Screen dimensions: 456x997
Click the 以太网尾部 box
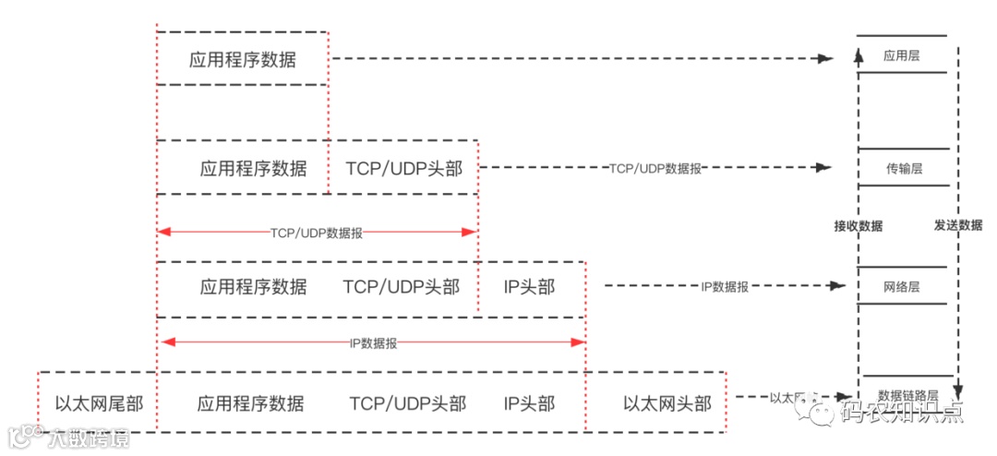pyautogui.click(x=98, y=403)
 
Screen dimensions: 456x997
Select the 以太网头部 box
pyautogui.click(x=667, y=403)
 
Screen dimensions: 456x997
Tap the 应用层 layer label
pyautogui.click(x=902, y=55)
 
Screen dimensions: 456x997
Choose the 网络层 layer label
pyautogui.click(x=902, y=286)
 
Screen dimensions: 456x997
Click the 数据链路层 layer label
pyautogui.click(x=908, y=394)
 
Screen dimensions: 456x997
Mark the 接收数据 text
pyautogui.click(x=858, y=225)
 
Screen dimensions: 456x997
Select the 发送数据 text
pyautogui.click(x=958, y=225)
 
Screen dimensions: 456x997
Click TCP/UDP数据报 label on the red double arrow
pyautogui.click(x=317, y=233)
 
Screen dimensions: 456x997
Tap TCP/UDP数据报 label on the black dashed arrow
pyautogui.click(x=655, y=168)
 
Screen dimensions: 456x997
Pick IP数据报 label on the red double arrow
pyautogui.click(x=373, y=342)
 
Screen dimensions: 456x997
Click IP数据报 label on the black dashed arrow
pyautogui.click(x=724, y=286)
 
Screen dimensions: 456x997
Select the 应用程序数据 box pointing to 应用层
pyautogui.click(x=243, y=60)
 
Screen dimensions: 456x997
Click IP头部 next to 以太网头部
pyautogui.click(x=529, y=403)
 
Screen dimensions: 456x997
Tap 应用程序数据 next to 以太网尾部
pyautogui.click(x=250, y=403)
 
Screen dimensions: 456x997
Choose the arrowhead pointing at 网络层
pyautogui.click(x=841, y=286)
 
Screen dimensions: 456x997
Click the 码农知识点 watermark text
pyautogui.click(x=900, y=412)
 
